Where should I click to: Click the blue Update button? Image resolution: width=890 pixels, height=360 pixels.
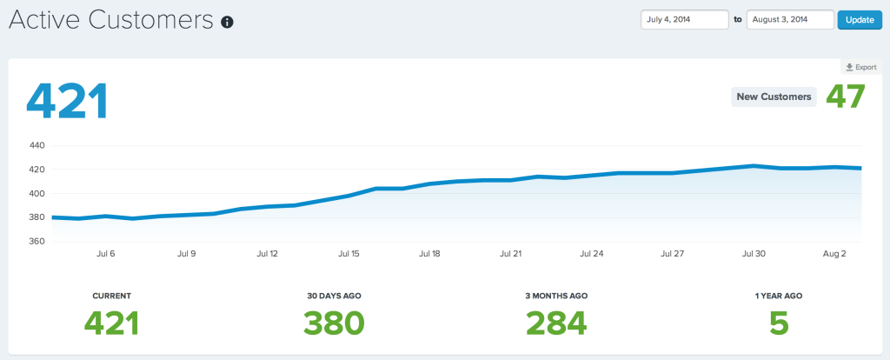tap(859, 20)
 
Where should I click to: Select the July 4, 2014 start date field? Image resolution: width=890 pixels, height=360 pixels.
tap(684, 20)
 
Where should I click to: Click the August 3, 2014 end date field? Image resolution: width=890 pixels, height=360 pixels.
tap(789, 20)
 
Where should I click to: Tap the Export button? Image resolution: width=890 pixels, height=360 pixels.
tap(860, 67)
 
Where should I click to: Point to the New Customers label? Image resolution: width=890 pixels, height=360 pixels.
tap(774, 97)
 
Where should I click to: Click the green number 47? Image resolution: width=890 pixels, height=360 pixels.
tap(845, 96)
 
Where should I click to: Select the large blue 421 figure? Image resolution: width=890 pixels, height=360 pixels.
tap(67, 101)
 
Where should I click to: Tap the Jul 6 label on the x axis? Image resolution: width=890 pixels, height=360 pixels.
tap(105, 255)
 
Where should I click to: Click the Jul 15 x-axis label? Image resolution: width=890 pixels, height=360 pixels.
tap(349, 255)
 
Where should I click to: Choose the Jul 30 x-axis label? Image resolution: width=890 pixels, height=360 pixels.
tap(754, 255)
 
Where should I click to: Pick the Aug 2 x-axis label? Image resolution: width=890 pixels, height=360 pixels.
tap(834, 255)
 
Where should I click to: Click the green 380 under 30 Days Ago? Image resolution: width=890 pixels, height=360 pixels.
tap(334, 323)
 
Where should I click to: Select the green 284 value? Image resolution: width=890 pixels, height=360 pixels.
tap(556, 323)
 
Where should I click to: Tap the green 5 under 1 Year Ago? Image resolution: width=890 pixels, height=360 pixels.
tap(779, 323)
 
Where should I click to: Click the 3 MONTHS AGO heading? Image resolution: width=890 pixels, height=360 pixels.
tap(556, 296)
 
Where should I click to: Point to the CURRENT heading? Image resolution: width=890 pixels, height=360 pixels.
tap(111, 296)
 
